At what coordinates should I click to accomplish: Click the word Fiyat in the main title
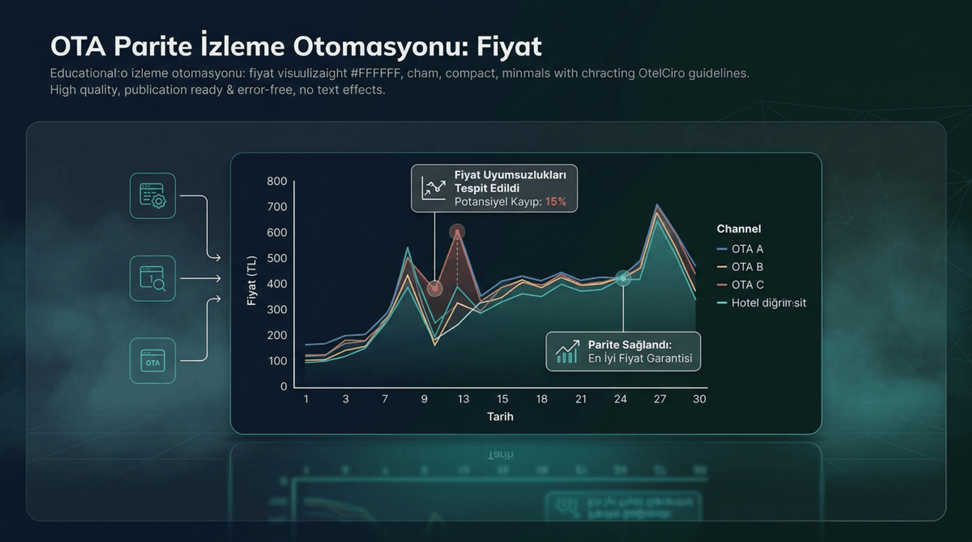coord(509,47)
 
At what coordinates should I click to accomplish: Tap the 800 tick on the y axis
coord(277,181)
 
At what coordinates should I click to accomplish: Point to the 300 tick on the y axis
coord(277,309)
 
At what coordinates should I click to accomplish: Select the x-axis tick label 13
coord(463,399)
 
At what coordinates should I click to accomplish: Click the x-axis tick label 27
coord(660,399)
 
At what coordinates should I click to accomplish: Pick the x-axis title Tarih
coord(500,417)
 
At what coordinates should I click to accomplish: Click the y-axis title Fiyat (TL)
coord(252,281)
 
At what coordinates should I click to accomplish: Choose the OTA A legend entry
coord(747,249)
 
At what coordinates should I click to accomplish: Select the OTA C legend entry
coord(747,285)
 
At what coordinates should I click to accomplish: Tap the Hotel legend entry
coord(768,303)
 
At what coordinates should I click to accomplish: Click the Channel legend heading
coord(739,229)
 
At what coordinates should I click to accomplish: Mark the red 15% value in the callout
coord(555,202)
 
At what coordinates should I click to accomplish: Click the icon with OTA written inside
coord(152,361)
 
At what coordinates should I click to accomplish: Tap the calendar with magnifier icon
coord(152,279)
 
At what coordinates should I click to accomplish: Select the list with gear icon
coord(152,196)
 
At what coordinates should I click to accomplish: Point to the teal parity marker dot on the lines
coord(623,278)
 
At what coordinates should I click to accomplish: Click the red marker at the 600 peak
coord(457,232)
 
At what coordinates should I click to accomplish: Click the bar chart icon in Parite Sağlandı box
coord(567,352)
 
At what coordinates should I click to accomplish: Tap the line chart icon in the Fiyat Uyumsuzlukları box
coord(433,188)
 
